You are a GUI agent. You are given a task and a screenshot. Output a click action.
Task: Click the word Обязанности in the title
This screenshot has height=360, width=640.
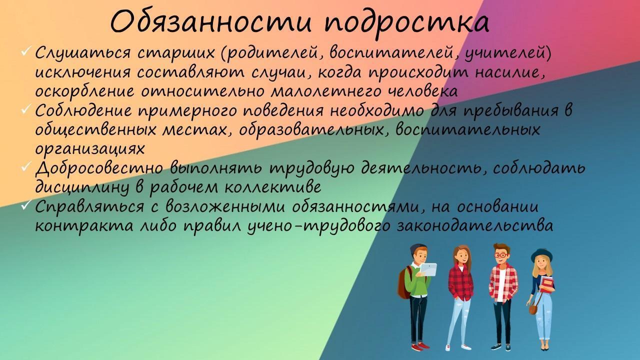(210, 21)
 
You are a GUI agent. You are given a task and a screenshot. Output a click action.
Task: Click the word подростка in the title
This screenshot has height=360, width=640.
(406, 24)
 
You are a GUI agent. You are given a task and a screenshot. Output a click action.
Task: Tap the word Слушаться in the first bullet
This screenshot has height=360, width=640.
(82, 53)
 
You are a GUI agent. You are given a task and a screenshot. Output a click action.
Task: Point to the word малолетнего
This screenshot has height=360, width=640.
(326, 91)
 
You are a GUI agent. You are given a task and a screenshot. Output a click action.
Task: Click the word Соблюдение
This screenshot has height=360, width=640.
(83, 111)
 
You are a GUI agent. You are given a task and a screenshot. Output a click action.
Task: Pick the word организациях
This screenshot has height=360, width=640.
(89, 149)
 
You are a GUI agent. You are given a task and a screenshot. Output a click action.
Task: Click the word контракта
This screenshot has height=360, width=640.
(84, 226)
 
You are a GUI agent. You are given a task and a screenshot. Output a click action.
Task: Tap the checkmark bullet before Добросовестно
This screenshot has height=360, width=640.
(26, 166)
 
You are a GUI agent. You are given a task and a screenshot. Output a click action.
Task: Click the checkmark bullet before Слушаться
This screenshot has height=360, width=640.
(26, 51)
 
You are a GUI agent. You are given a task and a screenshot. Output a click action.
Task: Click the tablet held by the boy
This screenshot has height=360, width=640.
(428, 269)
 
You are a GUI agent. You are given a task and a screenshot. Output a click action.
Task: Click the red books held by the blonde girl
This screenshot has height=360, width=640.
(547, 284)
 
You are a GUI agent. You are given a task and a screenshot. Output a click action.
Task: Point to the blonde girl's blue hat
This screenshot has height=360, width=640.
(541, 255)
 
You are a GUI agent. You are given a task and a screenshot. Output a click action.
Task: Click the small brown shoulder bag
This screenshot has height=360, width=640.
(532, 309)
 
